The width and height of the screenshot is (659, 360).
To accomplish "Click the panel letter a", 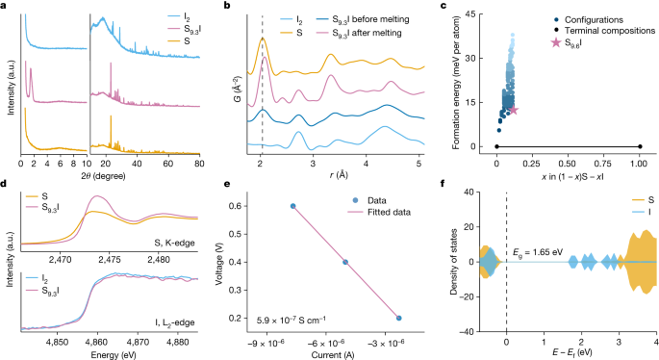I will point(6,7).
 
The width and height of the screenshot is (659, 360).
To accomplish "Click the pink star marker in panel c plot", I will point(514,110).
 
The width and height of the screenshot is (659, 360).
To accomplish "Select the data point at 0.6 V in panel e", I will point(293,206).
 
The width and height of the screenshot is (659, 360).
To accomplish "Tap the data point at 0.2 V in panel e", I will point(398,318).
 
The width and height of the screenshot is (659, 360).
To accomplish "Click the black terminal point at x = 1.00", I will point(640,146).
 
